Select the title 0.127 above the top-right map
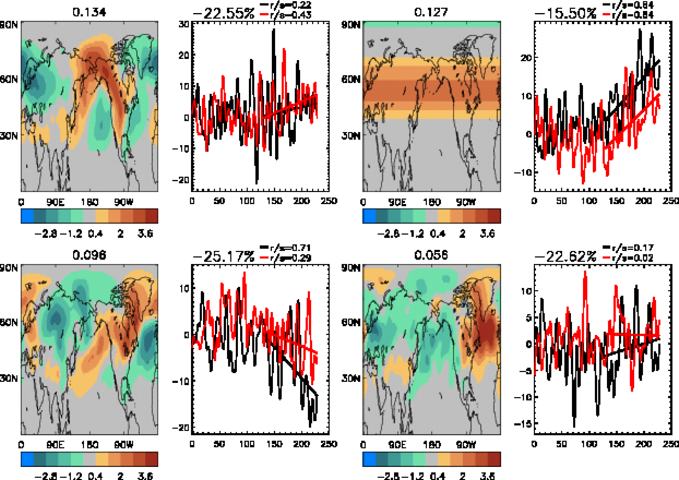(x=431, y=12)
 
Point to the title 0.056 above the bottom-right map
(x=431, y=255)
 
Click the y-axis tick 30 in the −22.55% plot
(x=184, y=24)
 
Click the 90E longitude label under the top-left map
(x=55, y=202)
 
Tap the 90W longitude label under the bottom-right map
(x=466, y=445)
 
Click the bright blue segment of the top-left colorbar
(x=27, y=216)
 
